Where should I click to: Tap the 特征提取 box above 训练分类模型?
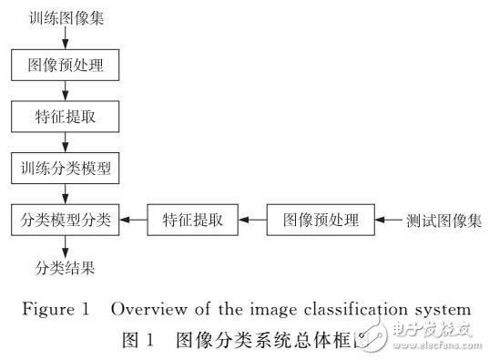click(65, 117)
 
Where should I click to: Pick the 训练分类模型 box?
click(65, 168)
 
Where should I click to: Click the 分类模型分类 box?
click(65, 219)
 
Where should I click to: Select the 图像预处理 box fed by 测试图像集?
click(321, 219)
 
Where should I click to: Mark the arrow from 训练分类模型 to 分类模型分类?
click(65, 193)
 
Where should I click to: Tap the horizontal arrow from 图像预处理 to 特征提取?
click(251, 220)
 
